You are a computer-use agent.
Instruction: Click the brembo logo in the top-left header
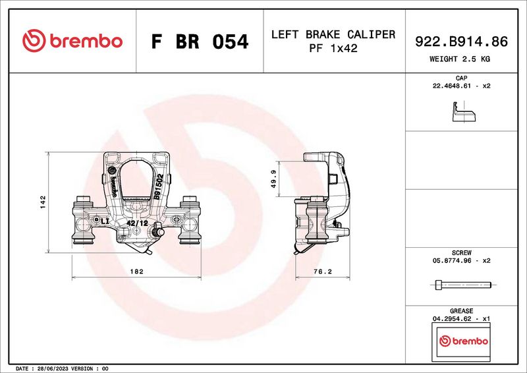click(72, 41)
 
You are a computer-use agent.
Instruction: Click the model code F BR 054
click(200, 42)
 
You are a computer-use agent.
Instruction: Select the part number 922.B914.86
click(461, 42)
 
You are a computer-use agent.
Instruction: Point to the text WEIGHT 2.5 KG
click(459, 59)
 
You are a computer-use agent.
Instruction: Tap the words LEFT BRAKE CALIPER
click(333, 34)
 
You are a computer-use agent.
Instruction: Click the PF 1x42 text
click(333, 48)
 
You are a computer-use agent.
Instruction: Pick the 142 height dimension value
click(43, 202)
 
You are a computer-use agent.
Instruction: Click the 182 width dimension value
click(136, 271)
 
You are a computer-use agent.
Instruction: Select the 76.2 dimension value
click(322, 272)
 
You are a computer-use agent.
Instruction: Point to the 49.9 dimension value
click(273, 179)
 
